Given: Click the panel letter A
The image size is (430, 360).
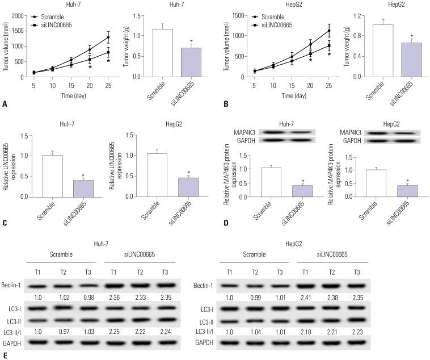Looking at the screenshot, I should click(x=5, y=104).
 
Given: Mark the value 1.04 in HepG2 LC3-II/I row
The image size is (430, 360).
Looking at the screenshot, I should click(x=258, y=331).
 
